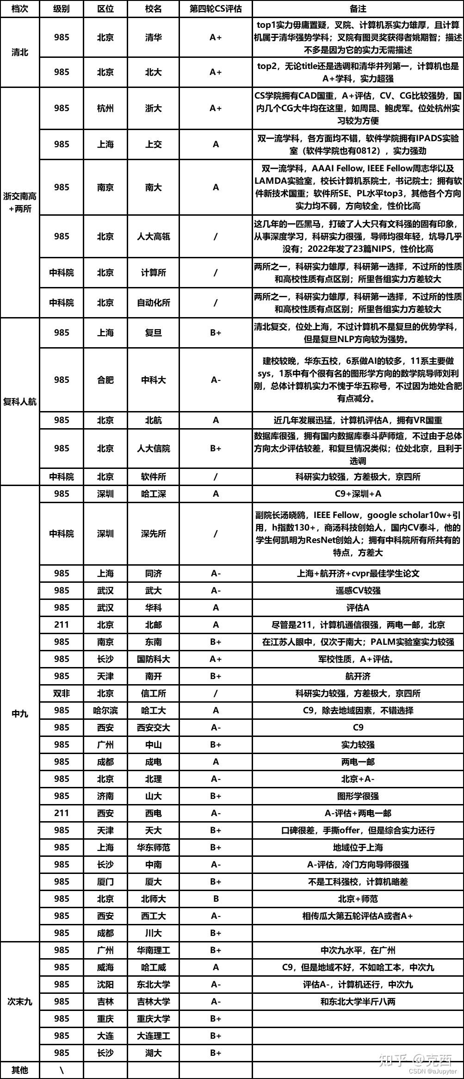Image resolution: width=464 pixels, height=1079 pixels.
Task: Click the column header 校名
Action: [153, 9]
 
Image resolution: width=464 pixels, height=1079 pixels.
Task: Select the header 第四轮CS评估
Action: [216, 9]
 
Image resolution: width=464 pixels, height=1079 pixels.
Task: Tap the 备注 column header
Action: [358, 9]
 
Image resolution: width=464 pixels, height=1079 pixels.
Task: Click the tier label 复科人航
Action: [19, 401]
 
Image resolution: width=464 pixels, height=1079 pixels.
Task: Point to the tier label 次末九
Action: [19, 1001]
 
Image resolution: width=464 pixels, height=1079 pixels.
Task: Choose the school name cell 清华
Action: [153, 37]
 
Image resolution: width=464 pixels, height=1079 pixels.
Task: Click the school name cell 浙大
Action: [153, 108]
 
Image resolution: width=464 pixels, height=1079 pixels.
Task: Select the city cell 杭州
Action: [105, 108]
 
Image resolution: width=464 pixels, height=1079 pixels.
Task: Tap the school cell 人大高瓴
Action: [153, 237]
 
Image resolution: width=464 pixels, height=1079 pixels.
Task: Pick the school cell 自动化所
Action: [153, 303]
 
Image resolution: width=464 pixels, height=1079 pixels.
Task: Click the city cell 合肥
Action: [105, 380]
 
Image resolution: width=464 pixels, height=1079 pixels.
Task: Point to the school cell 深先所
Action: [153, 534]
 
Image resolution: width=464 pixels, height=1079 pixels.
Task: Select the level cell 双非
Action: [61, 693]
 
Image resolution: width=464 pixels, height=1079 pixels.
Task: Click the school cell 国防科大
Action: [153, 659]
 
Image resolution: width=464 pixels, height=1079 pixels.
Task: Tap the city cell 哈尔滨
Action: [105, 710]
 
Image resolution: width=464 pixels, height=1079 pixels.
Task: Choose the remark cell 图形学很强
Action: [358, 796]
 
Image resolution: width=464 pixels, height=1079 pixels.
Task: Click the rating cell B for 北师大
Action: [216, 898]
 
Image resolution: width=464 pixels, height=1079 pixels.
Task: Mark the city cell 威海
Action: [105, 967]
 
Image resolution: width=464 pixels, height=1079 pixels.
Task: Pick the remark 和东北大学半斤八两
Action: [358, 1001]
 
